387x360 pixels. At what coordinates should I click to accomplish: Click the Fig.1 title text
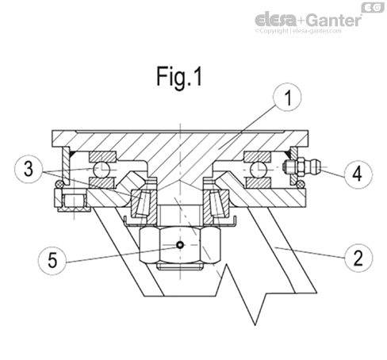click(179, 78)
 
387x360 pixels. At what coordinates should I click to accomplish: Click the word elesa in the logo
click(278, 18)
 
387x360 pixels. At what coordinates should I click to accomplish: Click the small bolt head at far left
click(72, 201)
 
